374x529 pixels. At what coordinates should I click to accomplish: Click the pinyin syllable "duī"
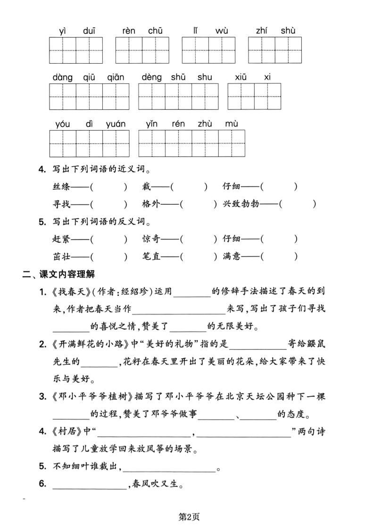[89, 31]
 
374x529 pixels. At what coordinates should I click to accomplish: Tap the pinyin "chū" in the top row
[155, 31]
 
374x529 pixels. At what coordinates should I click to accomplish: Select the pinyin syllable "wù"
[222, 31]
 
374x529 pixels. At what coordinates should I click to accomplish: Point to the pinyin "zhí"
[262, 31]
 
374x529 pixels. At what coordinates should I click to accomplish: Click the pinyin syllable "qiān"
[116, 77]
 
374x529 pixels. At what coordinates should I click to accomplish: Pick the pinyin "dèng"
[151, 77]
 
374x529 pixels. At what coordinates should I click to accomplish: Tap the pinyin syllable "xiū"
[241, 77]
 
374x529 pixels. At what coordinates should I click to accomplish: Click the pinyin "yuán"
[116, 124]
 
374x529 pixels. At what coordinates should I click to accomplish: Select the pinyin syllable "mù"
[231, 124]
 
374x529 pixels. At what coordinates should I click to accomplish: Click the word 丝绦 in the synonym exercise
[61, 187]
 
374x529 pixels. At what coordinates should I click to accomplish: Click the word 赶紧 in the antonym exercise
[61, 239]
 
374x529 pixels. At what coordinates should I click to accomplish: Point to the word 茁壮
[61, 256]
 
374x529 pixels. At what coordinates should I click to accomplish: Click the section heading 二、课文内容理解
[58, 274]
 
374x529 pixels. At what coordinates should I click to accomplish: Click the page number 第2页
[187, 516]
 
